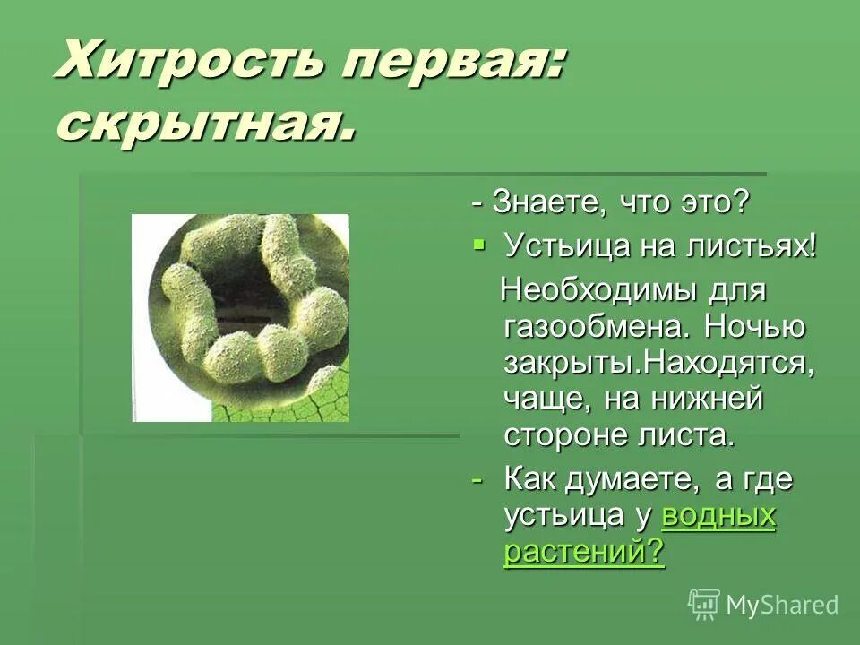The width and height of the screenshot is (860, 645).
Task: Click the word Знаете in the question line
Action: tap(540, 202)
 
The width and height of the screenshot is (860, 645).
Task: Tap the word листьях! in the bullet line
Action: tap(759, 245)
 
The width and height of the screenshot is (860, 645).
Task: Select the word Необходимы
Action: tap(590, 290)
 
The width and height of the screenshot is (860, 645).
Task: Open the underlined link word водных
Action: tap(718, 516)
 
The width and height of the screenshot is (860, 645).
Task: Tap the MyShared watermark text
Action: tap(782, 605)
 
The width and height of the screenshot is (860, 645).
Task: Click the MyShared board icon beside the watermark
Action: tap(703, 604)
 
